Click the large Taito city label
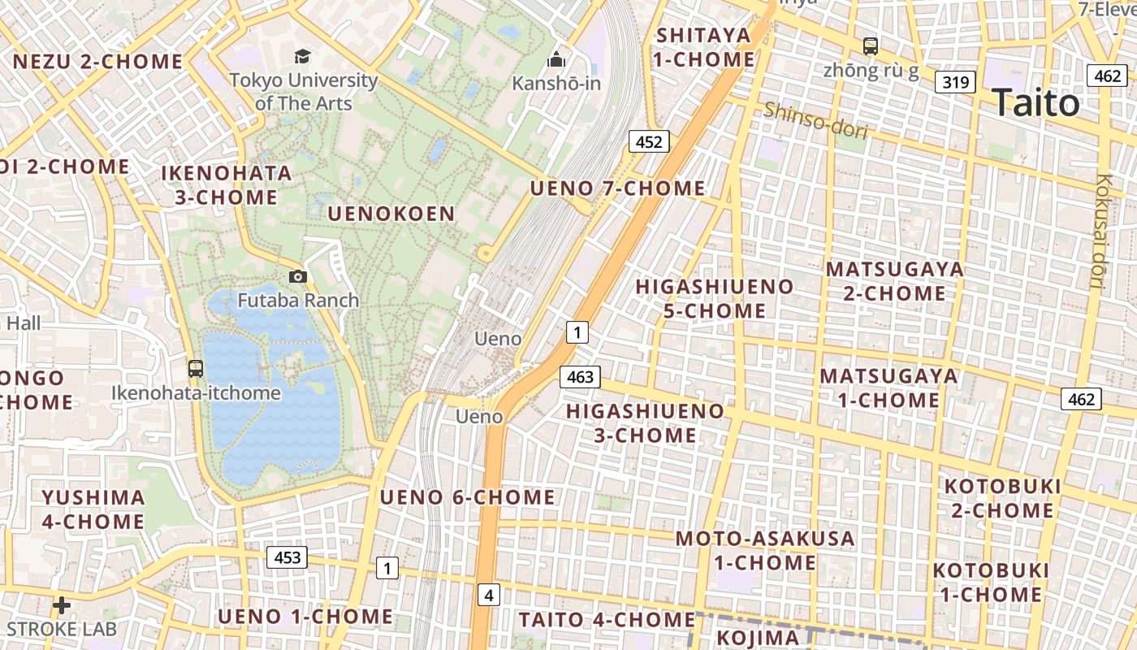point(1035,103)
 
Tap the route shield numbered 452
point(648,142)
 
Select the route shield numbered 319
point(954,81)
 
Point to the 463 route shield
point(580,376)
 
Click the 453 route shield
point(287,557)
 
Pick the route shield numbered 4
point(488,595)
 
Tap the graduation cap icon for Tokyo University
point(302,56)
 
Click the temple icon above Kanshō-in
point(556,59)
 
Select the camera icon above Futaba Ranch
point(298,276)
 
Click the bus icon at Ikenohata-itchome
point(196,368)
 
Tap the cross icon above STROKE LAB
point(62,605)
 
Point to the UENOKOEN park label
point(391,214)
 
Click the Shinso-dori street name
point(815,119)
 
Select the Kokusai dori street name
point(1101,232)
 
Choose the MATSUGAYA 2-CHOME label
point(894,281)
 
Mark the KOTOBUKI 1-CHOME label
point(991,583)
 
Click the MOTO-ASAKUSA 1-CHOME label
point(765,550)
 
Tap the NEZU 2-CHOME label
point(98,62)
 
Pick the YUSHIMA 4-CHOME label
point(93,509)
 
